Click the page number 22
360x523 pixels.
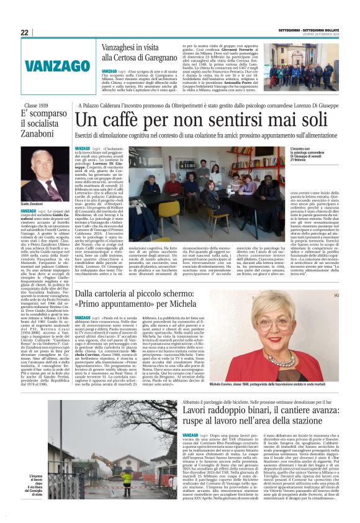click(x=24, y=33)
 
